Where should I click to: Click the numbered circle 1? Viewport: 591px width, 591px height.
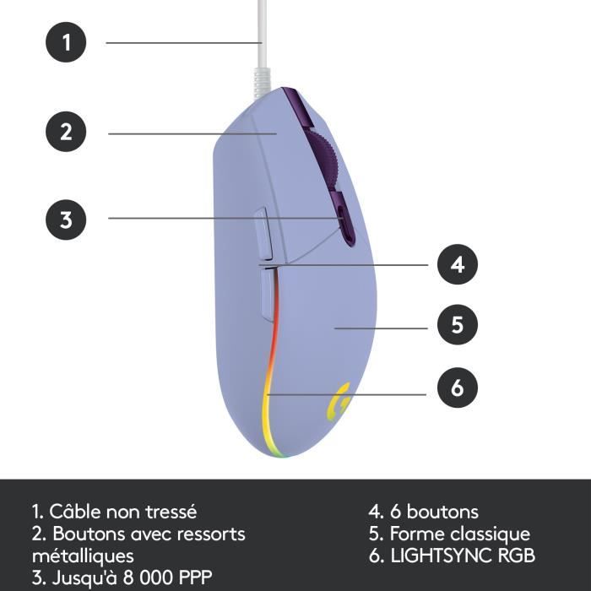(x=66, y=42)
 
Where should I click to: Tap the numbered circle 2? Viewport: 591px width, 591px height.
(x=66, y=132)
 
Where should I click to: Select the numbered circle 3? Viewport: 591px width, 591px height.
(x=66, y=220)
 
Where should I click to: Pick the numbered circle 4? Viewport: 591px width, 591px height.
(x=457, y=264)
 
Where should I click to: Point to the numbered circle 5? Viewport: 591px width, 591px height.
(x=457, y=325)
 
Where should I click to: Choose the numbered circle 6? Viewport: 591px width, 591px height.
(x=457, y=388)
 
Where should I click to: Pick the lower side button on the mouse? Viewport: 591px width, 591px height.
(x=268, y=291)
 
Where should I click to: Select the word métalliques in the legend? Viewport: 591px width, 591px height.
(x=83, y=556)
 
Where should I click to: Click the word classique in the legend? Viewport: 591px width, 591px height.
(x=490, y=534)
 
